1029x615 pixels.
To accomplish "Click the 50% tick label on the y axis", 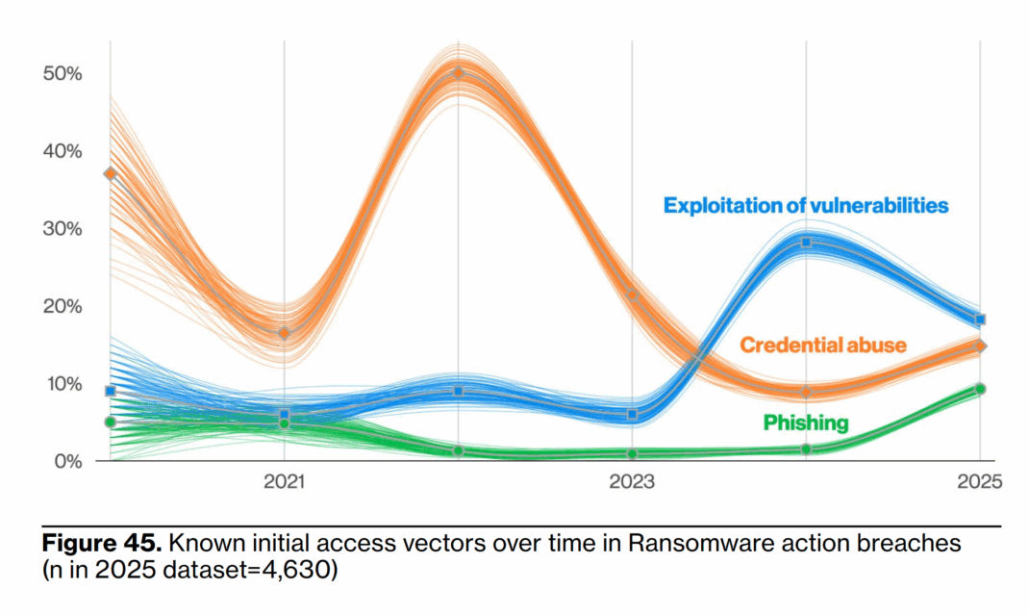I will (62, 74).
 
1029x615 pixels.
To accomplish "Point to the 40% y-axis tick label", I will (62, 151).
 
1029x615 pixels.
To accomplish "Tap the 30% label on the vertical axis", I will (62, 229).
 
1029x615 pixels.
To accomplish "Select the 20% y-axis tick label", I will (62, 307).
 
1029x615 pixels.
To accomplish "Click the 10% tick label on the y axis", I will (62, 384).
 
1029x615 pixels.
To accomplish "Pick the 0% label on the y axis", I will (66, 461).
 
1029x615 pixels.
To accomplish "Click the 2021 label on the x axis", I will (284, 481).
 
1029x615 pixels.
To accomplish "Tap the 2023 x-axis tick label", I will (632, 481).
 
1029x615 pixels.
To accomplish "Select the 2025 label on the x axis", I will (980, 481).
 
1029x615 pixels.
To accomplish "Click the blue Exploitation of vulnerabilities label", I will (806, 205).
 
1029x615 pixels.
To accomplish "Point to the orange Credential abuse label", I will (822, 345).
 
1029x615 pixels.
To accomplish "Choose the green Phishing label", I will (806, 423).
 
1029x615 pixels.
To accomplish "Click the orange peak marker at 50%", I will (459, 72).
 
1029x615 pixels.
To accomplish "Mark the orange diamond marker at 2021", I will (285, 333).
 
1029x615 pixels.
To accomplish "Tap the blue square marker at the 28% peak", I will (807, 243).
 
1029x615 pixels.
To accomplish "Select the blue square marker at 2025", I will (980, 320).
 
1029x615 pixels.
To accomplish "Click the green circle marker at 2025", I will (980, 389).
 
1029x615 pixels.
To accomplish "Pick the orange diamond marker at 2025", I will (980, 346).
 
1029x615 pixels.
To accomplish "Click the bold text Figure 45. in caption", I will (104, 544).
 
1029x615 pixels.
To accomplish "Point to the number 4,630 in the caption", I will (306, 569).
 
